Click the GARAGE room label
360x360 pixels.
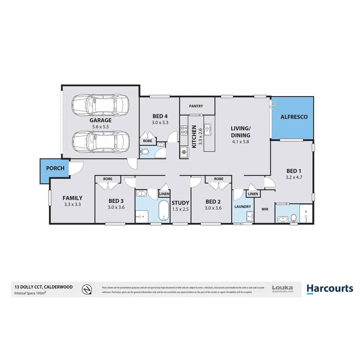point(100,120)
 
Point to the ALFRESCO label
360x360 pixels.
point(294,117)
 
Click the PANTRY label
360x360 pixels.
point(196,106)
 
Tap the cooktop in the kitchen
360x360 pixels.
point(184,130)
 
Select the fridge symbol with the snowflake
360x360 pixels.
point(184,152)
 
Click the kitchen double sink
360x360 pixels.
point(208,129)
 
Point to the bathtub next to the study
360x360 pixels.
point(163,211)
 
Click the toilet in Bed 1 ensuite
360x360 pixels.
point(293,218)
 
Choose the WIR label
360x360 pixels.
point(265,210)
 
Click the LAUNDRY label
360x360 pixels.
point(242,207)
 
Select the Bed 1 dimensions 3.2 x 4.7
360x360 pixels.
point(294,177)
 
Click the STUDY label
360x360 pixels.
point(180,203)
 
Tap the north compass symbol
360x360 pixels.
point(87,289)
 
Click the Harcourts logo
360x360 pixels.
point(329,288)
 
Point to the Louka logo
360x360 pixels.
point(282,289)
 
